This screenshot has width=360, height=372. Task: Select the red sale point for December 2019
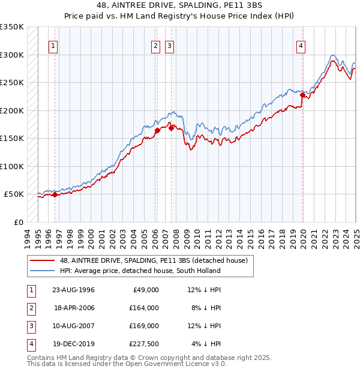point(302,95)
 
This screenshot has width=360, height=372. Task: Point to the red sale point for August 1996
point(55,194)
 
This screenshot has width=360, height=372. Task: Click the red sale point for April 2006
point(157,130)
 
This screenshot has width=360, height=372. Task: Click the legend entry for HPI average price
point(140,271)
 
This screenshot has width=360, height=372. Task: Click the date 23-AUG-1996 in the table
point(73,290)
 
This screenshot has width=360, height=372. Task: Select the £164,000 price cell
point(143,308)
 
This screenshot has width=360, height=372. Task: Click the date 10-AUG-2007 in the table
point(73,326)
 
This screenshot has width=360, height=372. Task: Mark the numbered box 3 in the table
point(30,326)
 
